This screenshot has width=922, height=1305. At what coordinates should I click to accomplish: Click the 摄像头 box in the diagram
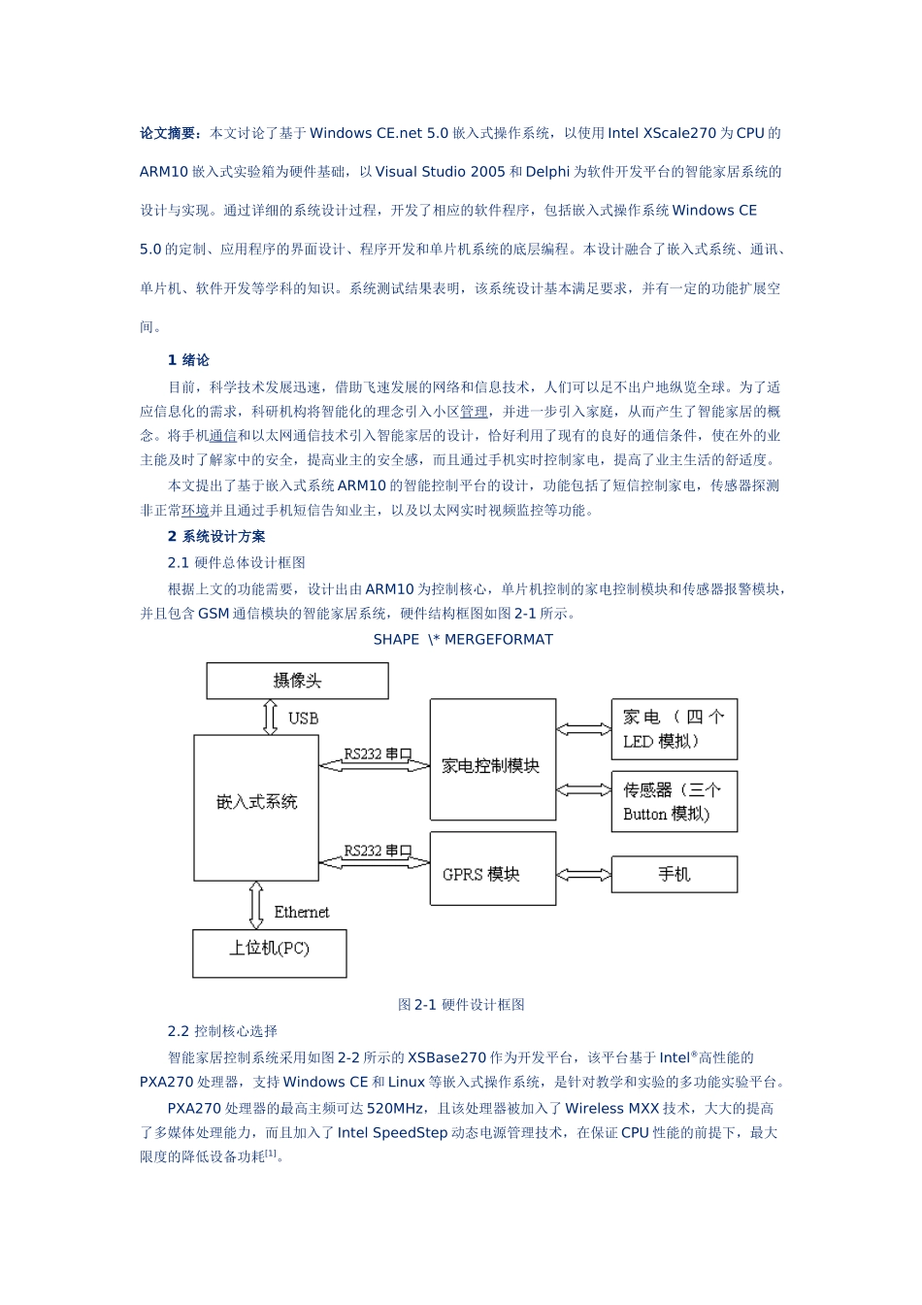(297, 681)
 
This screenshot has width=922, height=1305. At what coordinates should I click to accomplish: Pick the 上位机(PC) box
(269, 953)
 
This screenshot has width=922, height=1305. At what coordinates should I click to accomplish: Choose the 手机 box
(674, 874)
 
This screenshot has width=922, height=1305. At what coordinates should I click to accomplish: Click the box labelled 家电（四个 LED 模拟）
(674, 729)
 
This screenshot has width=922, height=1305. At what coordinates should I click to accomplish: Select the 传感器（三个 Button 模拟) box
(674, 802)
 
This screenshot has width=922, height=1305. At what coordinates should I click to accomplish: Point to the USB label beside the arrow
(303, 719)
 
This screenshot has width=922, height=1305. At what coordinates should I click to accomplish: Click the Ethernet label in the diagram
(301, 912)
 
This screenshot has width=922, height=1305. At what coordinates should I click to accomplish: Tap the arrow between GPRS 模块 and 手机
(583, 875)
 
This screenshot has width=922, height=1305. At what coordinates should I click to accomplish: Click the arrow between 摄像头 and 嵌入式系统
(271, 717)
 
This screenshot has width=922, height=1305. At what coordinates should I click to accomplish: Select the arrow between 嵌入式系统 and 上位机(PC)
(256, 905)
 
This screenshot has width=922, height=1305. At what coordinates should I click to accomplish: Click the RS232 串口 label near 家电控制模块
(378, 753)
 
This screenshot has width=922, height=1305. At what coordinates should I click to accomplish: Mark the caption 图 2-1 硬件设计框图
(461, 1005)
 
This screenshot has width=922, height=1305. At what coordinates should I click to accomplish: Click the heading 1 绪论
(188, 360)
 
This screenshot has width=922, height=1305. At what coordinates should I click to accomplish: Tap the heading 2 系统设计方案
(216, 537)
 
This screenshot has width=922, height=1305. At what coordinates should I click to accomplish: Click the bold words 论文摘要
(170, 133)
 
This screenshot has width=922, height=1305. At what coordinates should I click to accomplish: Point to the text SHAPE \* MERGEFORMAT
(463, 640)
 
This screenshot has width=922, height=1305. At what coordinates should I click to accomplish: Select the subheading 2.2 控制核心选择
(222, 1031)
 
